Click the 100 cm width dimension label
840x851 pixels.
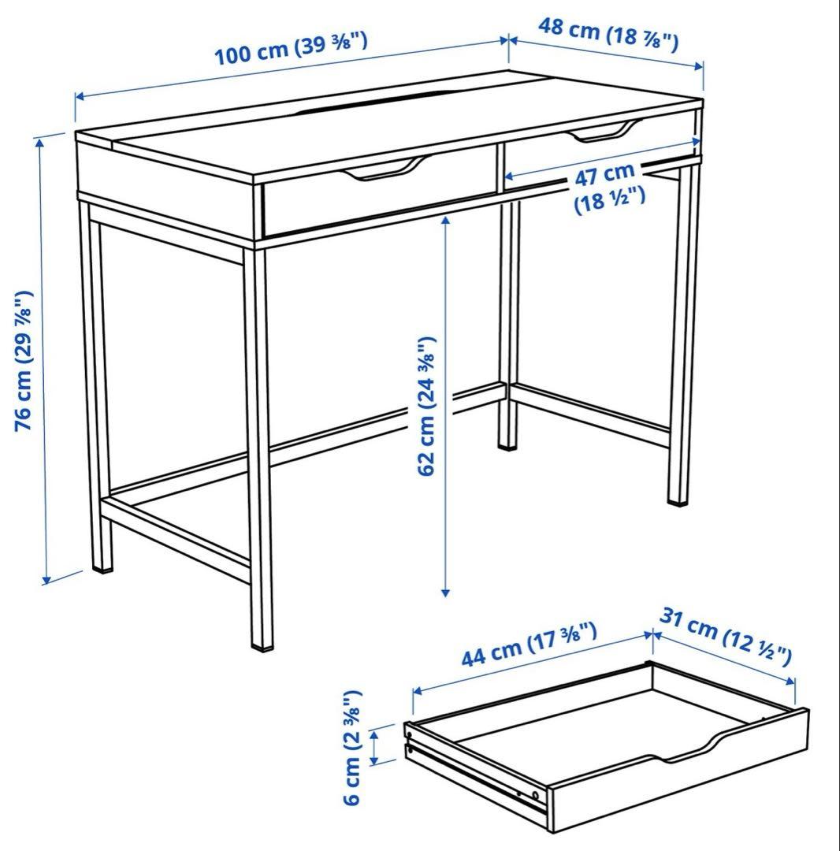291,49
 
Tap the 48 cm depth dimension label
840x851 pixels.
608,33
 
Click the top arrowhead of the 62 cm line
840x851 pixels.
446,221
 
